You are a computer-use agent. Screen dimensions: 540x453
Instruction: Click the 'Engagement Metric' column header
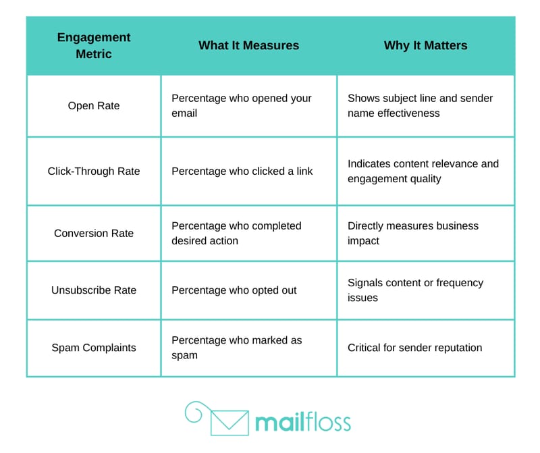coord(94,45)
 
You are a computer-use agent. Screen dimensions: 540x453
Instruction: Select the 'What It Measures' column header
coord(248,45)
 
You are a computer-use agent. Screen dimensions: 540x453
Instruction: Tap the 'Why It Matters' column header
coord(426,45)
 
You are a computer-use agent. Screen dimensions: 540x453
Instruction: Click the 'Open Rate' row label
coord(94,106)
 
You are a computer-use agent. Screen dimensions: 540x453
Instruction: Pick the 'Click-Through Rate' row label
coord(94,171)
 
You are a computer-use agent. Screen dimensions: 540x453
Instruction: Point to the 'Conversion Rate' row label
coord(94,233)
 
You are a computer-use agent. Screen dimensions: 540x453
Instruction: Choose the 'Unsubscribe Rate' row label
coord(94,290)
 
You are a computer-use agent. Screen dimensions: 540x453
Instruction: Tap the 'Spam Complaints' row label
coord(94,348)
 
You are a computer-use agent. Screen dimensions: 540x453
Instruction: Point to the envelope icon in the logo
coord(230,423)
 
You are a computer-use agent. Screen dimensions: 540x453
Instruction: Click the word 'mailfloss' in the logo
coord(303,422)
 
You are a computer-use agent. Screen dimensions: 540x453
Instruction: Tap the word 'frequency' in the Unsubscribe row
coord(460,283)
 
